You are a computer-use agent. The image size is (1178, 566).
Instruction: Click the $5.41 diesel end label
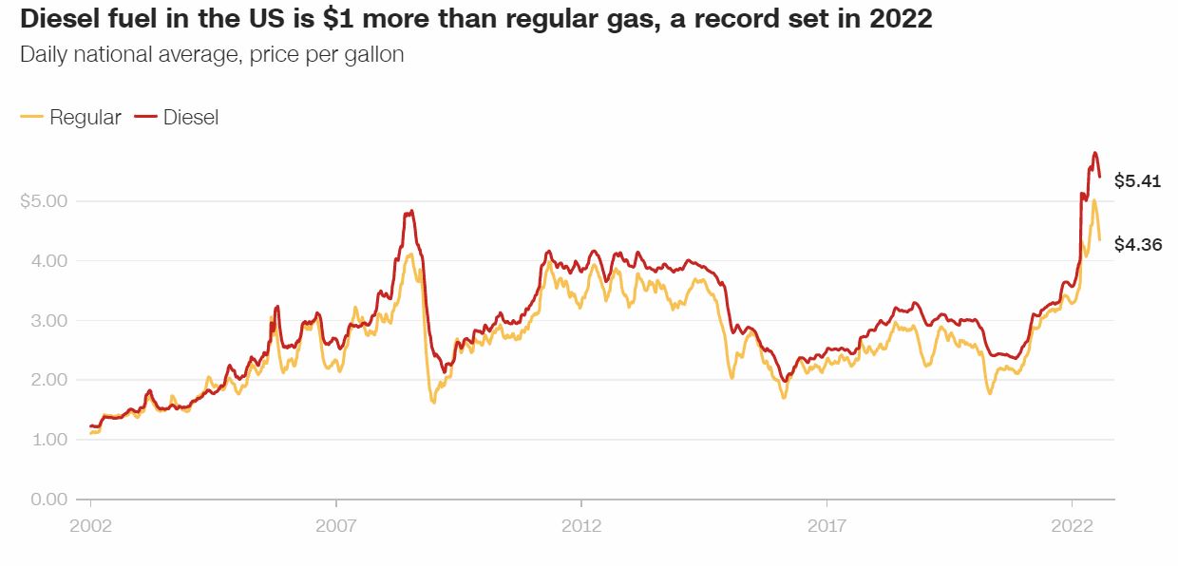click(1137, 180)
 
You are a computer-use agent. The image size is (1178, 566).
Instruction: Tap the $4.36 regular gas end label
click(1137, 244)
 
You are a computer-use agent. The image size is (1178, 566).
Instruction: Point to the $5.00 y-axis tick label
click(44, 201)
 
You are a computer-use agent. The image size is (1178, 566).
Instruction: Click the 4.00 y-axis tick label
click(48, 260)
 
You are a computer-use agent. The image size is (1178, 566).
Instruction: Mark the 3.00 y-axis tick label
click(48, 320)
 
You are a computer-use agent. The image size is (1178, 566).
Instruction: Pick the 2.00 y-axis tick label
click(48, 380)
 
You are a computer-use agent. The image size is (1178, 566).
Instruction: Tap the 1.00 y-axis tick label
click(48, 440)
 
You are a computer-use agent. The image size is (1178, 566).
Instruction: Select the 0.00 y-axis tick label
click(48, 499)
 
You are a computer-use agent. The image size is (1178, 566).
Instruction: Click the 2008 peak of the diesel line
click(409, 211)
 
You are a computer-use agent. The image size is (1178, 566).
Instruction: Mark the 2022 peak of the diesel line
click(1094, 152)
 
